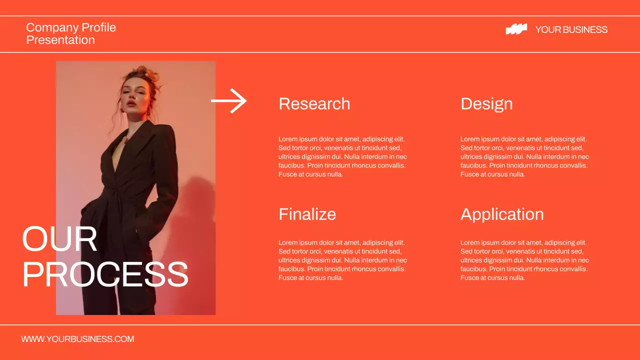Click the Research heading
click(314, 103)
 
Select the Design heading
click(486, 103)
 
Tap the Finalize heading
click(307, 214)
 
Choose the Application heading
click(501, 214)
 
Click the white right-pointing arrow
click(229, 100)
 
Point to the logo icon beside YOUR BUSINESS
click(516, 29)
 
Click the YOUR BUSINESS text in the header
click(571, 29)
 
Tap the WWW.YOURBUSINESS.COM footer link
click(77, 339)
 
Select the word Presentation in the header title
click(60, 40)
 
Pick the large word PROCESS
click(105, 274)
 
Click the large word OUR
click(59, 239)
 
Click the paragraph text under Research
click(342, 156)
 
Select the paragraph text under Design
click(524, 156)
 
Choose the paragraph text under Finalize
click(342, 260)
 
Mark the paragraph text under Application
click(524, 260)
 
